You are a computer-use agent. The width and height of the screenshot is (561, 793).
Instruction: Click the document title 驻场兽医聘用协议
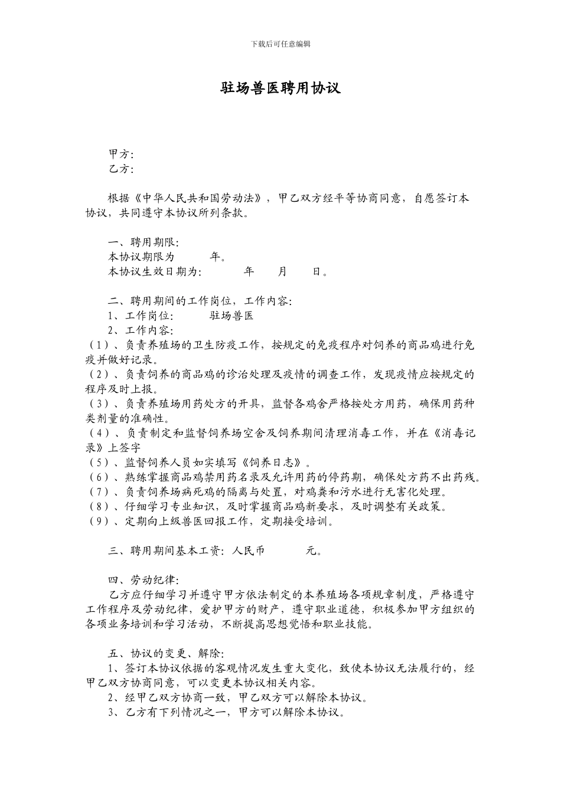tap(280, 89)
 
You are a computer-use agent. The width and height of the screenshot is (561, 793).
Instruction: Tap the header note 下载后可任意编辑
tap(280, 44)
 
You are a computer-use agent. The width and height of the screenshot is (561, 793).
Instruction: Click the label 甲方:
tap(121, 155)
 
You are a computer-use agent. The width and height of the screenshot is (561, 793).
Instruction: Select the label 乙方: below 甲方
tap(121, 169)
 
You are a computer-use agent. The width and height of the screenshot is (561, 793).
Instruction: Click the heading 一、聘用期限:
tap(143, 243)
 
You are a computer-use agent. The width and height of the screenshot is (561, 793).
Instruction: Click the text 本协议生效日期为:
tap(155, 272)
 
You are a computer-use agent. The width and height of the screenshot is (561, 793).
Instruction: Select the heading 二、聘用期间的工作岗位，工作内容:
tap(200, 302)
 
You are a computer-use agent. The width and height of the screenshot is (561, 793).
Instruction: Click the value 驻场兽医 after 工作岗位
tap(231, 316)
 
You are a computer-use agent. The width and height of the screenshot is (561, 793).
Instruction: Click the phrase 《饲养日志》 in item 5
tap(274, 463)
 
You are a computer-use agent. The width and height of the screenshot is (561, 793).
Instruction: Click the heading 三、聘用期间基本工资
tap(165, 551)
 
